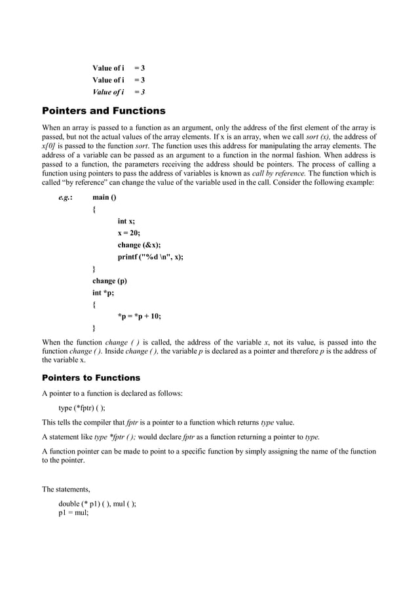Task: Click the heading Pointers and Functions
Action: [x=104, y=111]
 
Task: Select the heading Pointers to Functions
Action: [x=91, y=378]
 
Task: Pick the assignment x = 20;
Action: [x=129, y=233]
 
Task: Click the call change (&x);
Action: [x=139, y=245]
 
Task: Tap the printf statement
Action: [x=150, y=257]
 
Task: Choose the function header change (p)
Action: [x=109, y=280]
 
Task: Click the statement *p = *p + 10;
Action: [x=139, y=316]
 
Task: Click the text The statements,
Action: [x=67, y=489]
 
